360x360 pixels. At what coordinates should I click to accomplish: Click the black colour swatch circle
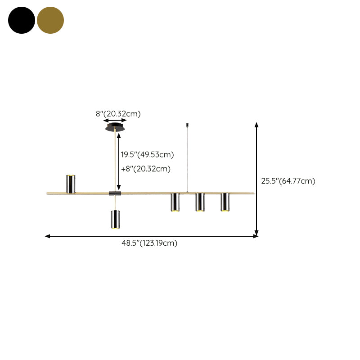tap(22, 20)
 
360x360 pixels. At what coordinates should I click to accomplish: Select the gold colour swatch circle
tap(50, 20)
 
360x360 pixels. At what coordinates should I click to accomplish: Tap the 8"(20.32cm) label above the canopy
tap(118, 114)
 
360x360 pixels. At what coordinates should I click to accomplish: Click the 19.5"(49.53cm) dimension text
tap(148, 154)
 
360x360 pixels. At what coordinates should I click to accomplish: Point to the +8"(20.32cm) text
tap(146, 169)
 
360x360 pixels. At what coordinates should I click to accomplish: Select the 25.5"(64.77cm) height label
tap(288, 181)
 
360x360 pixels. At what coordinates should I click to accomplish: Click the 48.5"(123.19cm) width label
tap(149, 243)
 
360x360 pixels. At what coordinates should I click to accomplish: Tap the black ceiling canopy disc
tap(115, 127)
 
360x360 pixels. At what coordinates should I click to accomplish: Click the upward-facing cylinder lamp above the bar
tap(71, 184)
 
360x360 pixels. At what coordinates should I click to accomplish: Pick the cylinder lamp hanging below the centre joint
tap(115, 219)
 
